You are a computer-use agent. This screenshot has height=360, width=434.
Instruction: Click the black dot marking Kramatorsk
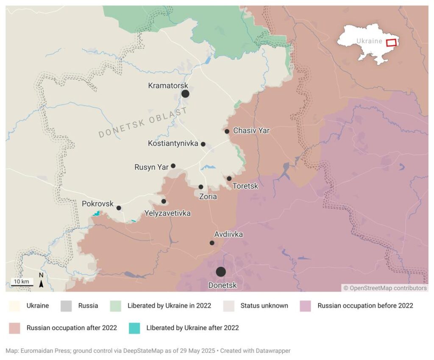(185, 94)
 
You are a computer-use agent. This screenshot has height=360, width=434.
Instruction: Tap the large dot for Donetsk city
(221, 272)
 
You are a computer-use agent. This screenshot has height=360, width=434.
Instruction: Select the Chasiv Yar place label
(251, 130)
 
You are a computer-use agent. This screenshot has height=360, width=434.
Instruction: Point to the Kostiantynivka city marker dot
(203, 144)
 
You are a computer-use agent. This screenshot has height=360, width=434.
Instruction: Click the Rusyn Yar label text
(151, 167)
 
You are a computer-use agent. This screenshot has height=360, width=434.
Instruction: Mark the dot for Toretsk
(229, 178)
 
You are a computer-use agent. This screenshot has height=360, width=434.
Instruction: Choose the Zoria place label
(208, 197)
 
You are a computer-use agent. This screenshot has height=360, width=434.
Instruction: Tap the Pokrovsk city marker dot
(119, 208)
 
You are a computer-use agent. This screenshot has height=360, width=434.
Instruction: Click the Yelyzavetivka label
(167, 213)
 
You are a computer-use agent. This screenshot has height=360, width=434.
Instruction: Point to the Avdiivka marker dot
(212, 243)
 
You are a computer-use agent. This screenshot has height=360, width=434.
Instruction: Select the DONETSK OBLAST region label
(143, 122)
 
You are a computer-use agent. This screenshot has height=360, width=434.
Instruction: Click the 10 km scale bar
(22, 284)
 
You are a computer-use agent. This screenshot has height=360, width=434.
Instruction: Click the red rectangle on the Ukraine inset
(391, 42)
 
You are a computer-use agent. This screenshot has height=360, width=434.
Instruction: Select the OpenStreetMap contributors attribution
(385, 288)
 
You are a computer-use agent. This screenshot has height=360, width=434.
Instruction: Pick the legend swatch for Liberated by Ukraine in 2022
(116, 305)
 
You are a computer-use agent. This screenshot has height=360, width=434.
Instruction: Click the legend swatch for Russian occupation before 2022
(306, 305)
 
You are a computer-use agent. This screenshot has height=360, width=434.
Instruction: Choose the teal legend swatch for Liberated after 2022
(134, 328)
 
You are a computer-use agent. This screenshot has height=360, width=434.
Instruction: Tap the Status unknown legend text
(264, 305)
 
